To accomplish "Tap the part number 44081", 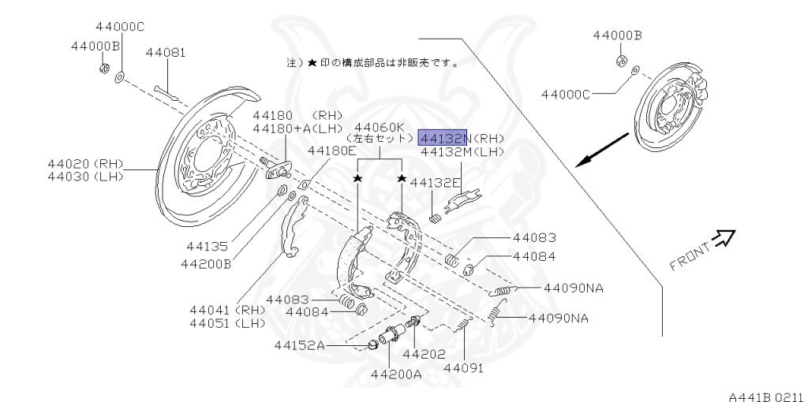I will click(x=166, y=54).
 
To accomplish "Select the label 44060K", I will click(x=379, y=127).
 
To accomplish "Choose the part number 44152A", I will click(x=299, y=345).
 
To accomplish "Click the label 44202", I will click(x=423, y=355).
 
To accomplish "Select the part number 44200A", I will click(x=395, y=374).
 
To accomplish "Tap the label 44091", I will click(x=463, y=367).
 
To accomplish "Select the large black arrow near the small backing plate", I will click(x=601, y=150).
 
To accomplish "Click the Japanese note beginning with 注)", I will click(x=371, y=61).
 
